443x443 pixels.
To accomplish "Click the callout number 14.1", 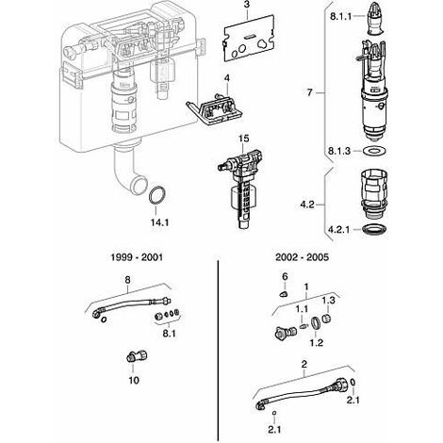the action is point(159,222).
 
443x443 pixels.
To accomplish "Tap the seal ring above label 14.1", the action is point(150,195).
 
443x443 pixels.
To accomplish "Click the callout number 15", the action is point(243,139).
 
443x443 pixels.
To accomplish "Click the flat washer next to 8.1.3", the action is point(374,151).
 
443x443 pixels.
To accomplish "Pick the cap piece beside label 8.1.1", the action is point(375,19).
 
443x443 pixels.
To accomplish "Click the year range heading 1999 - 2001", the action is point(137,257).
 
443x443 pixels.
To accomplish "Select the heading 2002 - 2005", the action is point(302,257).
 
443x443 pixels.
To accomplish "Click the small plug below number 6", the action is point(284,294).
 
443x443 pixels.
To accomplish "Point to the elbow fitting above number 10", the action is point(137,356).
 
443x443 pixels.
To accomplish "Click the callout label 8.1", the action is point(169,334).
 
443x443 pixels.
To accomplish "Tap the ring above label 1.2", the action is point(312,323).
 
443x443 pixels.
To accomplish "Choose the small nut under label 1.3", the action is point(327,318).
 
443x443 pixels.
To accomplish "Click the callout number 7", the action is point(310,92).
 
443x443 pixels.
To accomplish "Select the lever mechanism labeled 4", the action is point(215,109).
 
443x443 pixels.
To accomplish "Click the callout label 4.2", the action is point(307,205).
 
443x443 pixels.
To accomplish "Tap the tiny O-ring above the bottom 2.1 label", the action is point(275,412).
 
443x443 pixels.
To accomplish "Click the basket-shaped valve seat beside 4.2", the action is point(374,193).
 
